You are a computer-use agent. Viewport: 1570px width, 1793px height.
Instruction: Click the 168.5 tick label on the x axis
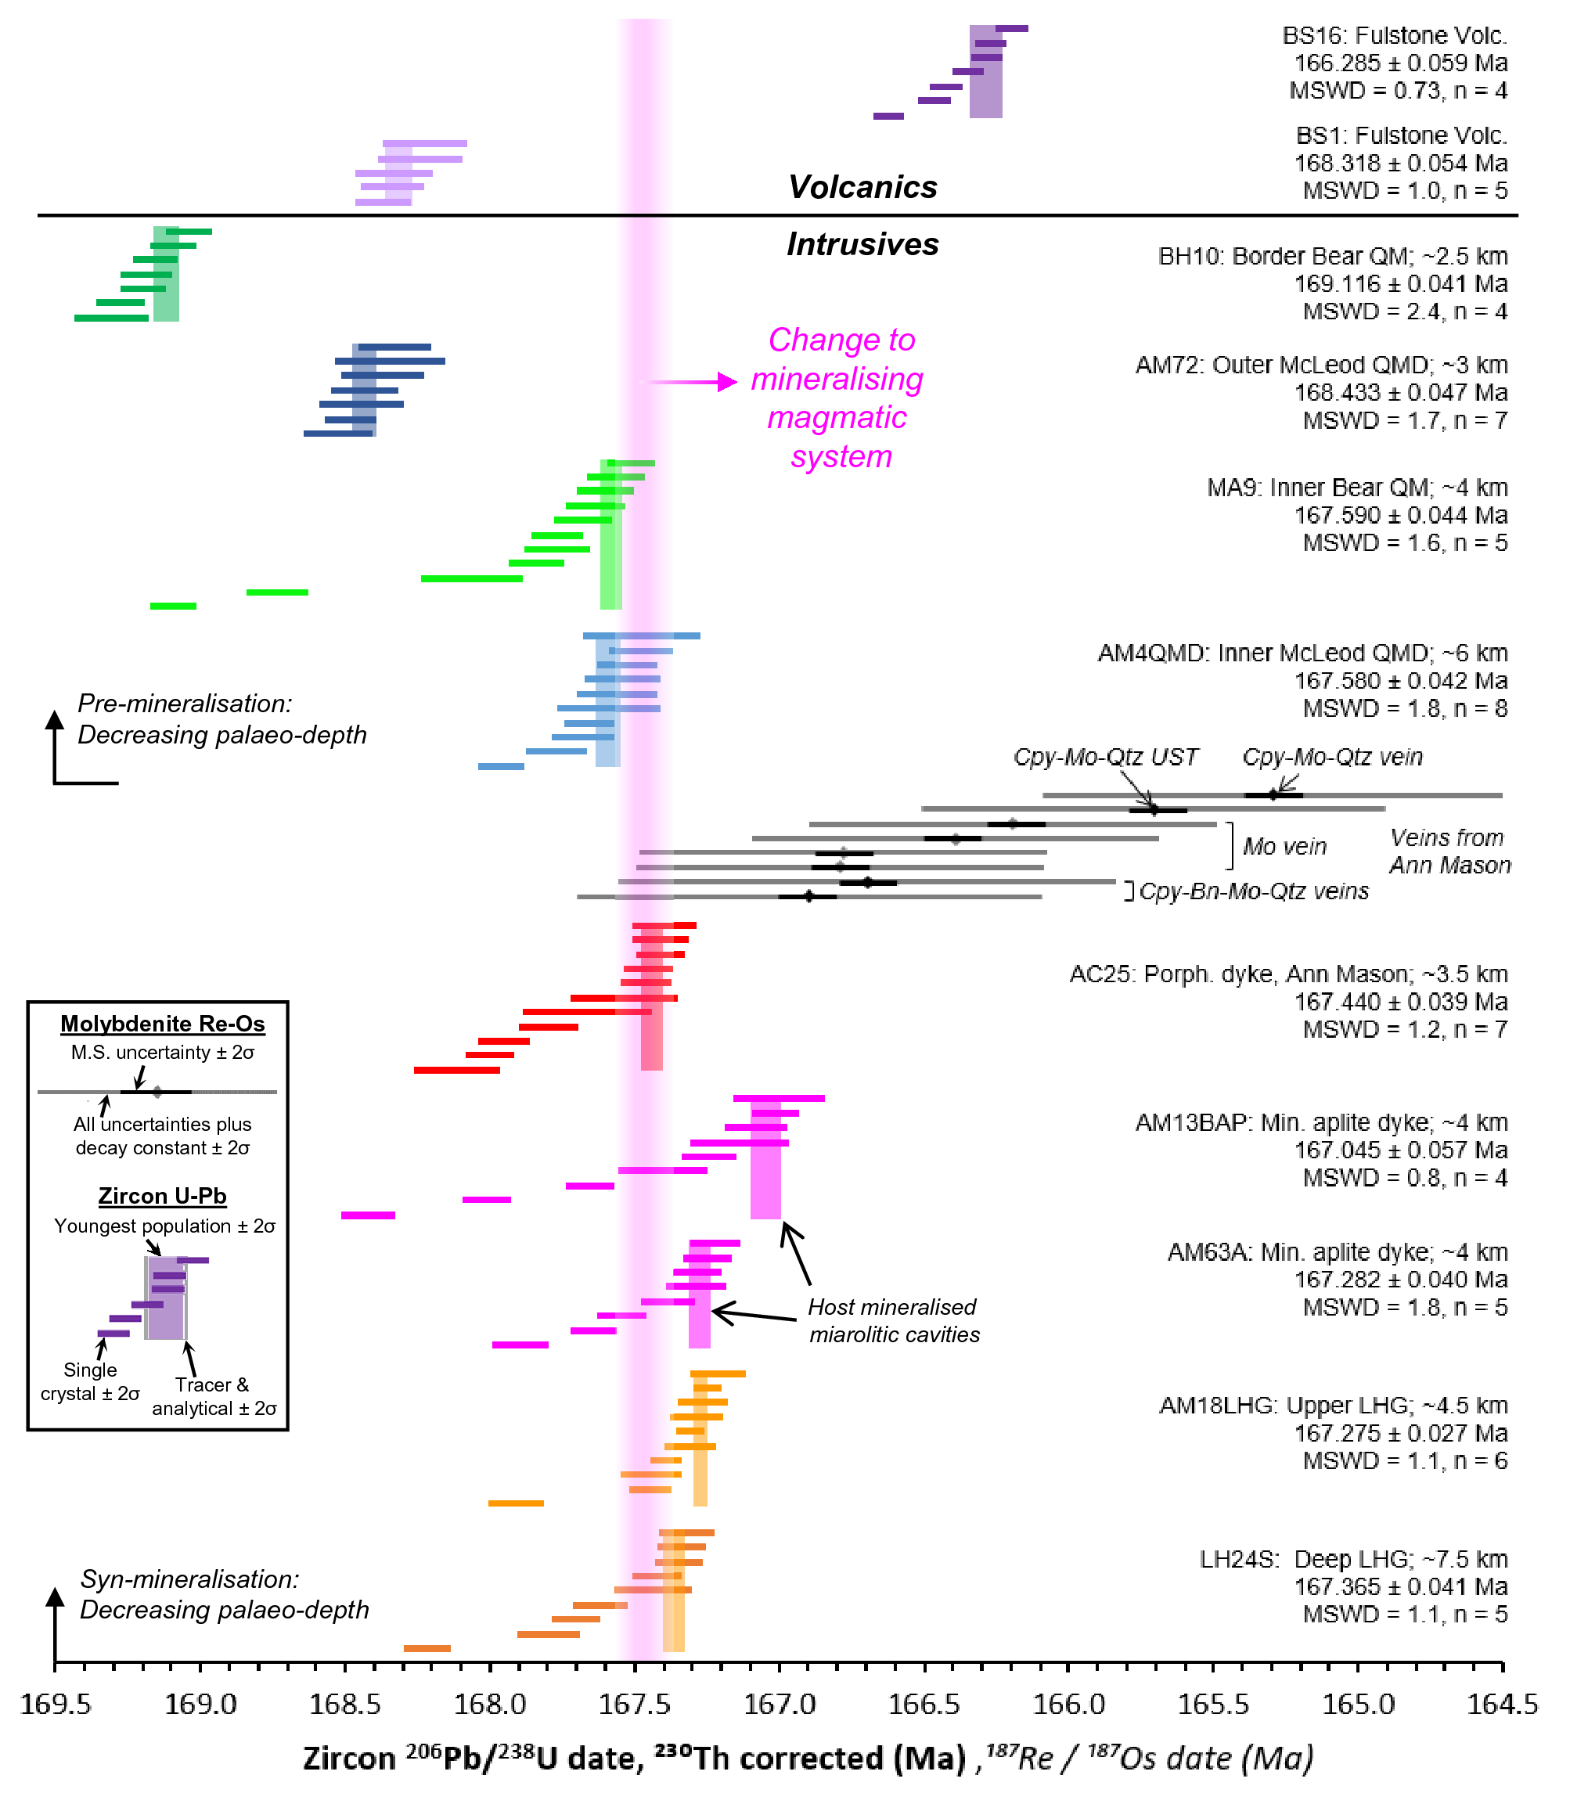click(344, 1704)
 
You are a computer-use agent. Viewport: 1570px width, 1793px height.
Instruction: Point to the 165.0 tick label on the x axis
click(1357, 1704)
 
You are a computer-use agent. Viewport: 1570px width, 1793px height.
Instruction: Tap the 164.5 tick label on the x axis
click(1502, 1704)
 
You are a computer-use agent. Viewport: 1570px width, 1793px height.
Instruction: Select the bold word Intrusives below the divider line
click(862, 243)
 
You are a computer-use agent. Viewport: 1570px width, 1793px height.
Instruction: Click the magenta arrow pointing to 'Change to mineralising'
click(692, 382)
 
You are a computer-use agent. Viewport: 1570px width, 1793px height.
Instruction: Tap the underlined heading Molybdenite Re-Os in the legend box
click(162, 1023)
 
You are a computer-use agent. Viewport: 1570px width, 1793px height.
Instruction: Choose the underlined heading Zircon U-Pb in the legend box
click(162, 1196)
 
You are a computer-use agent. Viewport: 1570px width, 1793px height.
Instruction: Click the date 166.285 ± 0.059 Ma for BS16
click(1400, 63)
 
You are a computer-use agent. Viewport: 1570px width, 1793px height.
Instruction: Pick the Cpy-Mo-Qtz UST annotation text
click(1105, 757)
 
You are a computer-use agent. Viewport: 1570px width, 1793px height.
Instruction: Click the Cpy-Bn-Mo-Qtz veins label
click(1254, 891)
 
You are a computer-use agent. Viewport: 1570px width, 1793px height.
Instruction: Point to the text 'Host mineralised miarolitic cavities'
click(893, 1321)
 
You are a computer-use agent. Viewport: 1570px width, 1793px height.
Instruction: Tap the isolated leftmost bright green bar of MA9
click(173, 606)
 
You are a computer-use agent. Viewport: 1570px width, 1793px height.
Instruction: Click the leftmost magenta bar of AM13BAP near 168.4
click(368, 1215)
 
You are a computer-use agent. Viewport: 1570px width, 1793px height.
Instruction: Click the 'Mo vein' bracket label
click(1284, 846)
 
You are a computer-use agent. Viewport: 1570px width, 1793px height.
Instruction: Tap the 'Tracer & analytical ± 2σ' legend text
click(214, 1396)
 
